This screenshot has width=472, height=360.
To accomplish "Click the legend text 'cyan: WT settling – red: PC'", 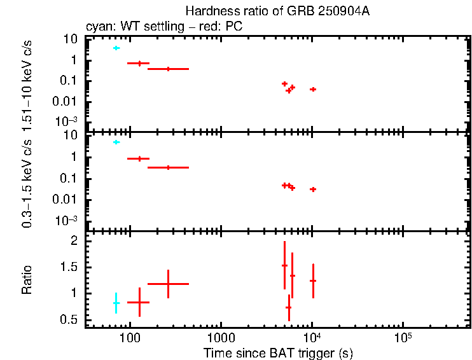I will (x=163, y=27).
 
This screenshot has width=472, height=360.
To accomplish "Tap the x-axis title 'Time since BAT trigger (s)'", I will (x=278, y=352).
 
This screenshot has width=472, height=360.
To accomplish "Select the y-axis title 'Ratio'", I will (x=27, y=280).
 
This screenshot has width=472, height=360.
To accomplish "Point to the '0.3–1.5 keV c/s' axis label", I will (x=27, y=184).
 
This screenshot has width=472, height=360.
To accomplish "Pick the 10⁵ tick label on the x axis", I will (x=403, y=336).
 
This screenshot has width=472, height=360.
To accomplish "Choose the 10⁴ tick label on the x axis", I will (x=312, y=336).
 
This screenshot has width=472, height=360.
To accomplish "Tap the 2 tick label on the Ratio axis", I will (x=74, y=241).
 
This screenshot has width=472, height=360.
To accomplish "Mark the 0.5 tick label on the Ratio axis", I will (x=69, y=319).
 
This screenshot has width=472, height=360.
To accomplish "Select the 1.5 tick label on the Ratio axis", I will (x=69, y=267).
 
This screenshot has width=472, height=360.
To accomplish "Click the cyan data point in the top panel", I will (x=116, y=48).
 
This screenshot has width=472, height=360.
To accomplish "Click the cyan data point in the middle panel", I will (x=116, y=142).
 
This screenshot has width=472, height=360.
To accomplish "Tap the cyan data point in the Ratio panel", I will (x=116, y=303).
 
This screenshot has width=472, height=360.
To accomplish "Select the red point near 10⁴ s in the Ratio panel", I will (x=313, y=280).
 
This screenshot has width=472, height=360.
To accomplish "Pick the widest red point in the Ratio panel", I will (x=168, y=284).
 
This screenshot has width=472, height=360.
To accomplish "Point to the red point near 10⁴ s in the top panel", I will (x=313, y=89).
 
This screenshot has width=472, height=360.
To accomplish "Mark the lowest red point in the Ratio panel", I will (x=289, y=307).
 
